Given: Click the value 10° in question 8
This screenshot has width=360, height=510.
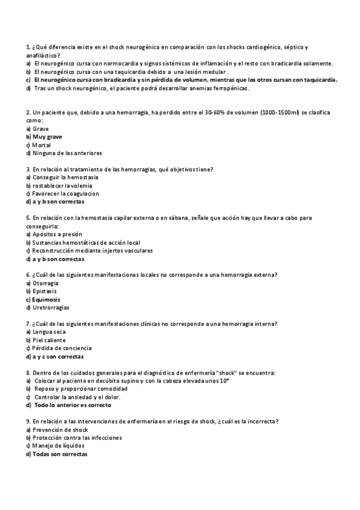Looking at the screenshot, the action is click(225, 381).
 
